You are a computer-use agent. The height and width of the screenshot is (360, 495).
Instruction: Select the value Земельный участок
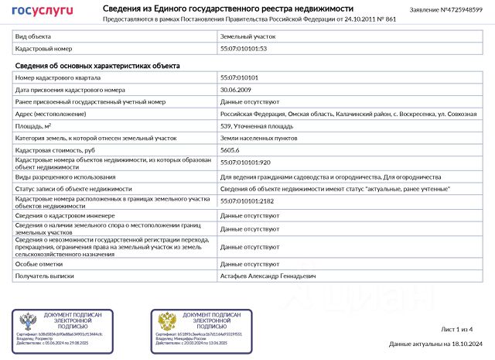pyautogui.click(x=247, y=36)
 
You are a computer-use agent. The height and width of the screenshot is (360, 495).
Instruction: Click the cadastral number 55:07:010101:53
pyautogui.click(x=244, y=49)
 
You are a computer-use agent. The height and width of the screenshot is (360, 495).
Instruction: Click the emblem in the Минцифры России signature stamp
pyautogui.click(x=167, y=322)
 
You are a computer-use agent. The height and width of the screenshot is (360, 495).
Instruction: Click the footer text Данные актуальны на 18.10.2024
pyautogui.click(x=435, y=344)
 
